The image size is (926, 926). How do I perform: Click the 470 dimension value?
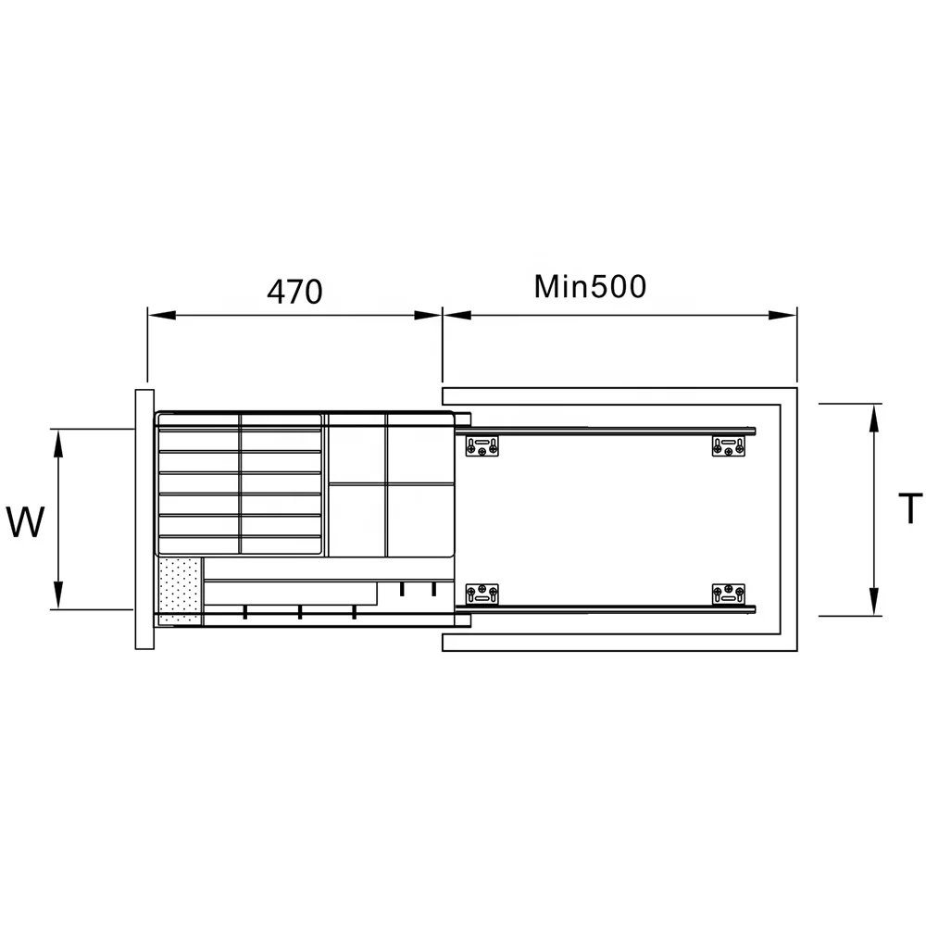click(x=294, y=292)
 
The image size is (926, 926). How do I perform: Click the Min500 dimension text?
click(x=590, y=287)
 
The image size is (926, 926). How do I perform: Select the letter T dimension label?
click(x=911, y=508)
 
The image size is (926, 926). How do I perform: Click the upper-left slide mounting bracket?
click(x=482, y=446)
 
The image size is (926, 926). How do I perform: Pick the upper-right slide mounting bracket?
click(x=728, y=446)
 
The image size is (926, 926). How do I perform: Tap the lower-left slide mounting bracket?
click(x=482, y=594)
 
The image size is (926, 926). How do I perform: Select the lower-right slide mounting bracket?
click(x=728, y=594)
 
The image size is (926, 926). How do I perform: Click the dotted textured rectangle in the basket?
click(x=180, y=590)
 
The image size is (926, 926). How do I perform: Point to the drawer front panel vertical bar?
click(x=144, y=519)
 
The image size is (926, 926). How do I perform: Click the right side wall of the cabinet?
click(x=789, y=519)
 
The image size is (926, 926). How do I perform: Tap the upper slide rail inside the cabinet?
click(x=611, y=431)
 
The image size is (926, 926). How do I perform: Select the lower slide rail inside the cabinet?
click(x=611, y=609)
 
